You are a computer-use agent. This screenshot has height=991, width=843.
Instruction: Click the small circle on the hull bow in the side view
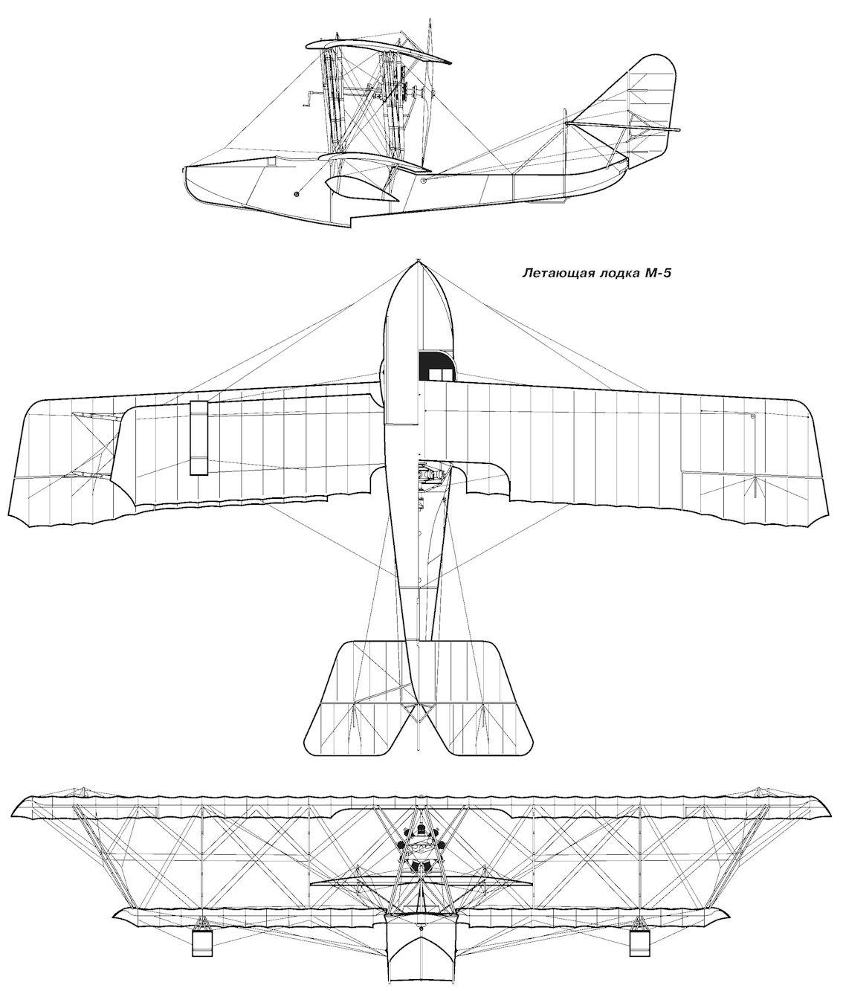pos(297,194)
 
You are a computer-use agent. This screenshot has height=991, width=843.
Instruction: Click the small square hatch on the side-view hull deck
pos(272,162)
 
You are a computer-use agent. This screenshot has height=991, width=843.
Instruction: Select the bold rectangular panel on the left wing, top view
pos(198,438)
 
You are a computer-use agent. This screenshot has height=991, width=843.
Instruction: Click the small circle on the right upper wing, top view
pos(753,416)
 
